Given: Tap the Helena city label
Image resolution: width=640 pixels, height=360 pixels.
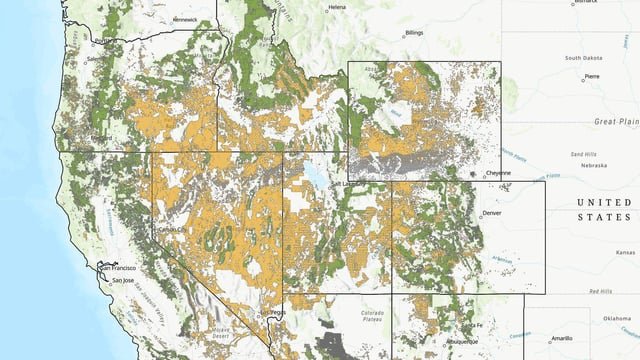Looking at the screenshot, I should tap(337, 7).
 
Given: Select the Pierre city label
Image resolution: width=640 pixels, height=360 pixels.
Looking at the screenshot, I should tap(592, 76).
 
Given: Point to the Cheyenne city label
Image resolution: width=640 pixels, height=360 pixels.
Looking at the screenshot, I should tap(497, 172).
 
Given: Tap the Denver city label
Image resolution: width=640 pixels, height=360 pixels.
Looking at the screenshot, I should tap(493, 213).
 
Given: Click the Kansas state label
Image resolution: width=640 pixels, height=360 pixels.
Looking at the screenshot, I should tap(626, 252).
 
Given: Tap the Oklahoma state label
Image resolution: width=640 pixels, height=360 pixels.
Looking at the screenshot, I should tap(617, 319).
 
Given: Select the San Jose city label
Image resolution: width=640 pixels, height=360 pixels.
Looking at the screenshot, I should tap(121, 281).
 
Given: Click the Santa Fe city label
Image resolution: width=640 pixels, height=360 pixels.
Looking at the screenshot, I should tap(473, 326).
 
